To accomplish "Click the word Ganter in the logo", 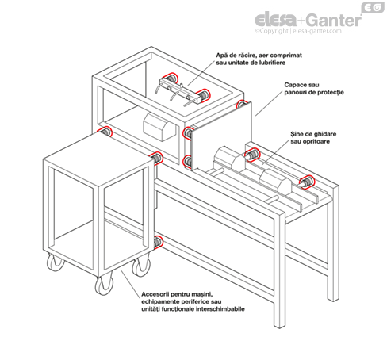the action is [x=335, y=20].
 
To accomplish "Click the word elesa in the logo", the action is [x=276, y=19].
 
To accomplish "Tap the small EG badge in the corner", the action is [x=373, y=7].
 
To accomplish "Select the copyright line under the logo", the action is [x=298, y=31].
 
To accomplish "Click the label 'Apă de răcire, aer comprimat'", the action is [x=259, y=56].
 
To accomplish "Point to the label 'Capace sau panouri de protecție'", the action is [x=314, y=89].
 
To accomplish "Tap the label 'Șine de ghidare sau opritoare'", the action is [x=313, y=138].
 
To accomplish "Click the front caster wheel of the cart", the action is [x=104, y=285].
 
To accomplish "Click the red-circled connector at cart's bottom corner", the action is [x=159, y=243].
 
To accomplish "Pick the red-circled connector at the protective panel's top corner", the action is [x=241, y=104].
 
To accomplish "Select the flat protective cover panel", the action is [x=220, y=136].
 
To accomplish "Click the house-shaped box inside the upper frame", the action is [x=159, y=127].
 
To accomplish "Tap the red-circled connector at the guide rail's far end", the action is [x=307, y=182].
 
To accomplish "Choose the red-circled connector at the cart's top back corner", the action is [x=105, y=132].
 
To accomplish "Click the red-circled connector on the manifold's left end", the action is [x=171, y=79].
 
